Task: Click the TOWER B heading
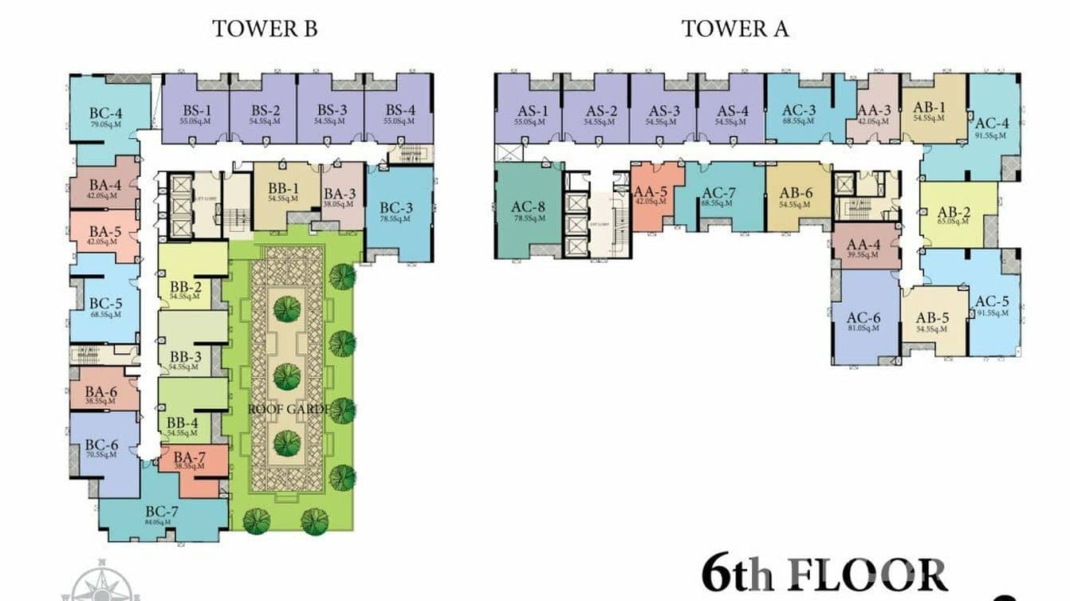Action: (265, 29)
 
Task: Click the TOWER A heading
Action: (734, 29)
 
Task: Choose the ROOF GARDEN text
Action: (288, 409)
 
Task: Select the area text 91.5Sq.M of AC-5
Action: (992, 312)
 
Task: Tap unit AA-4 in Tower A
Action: (864, 246)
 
